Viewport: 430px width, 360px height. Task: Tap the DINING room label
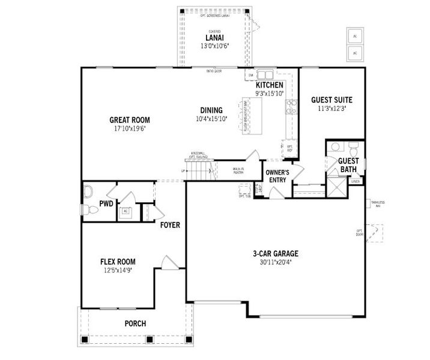[208, 110]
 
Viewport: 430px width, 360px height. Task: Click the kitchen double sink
[264, 75]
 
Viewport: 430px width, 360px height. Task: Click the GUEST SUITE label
[332, 100]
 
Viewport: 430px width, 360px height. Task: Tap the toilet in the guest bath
[353, 147]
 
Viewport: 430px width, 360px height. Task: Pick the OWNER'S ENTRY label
[277, 176]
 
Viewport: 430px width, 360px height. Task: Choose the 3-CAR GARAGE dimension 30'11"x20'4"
[275, 262]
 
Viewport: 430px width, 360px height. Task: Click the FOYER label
[170, 225]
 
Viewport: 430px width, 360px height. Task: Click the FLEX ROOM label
[117, 262]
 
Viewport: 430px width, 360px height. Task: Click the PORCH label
[135, 323]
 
